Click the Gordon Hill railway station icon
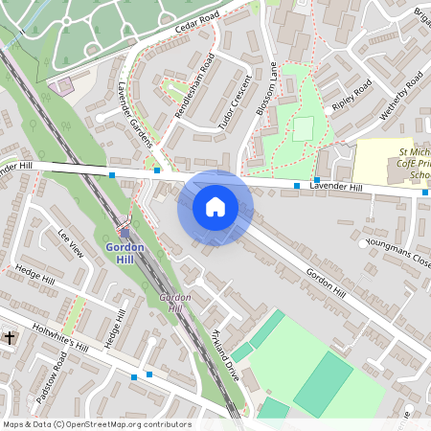pos(125,232)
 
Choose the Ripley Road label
pos(351,97)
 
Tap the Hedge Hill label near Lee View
pos(35,277)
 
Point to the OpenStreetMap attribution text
pos(97,424)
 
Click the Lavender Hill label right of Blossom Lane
pos(335,187)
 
